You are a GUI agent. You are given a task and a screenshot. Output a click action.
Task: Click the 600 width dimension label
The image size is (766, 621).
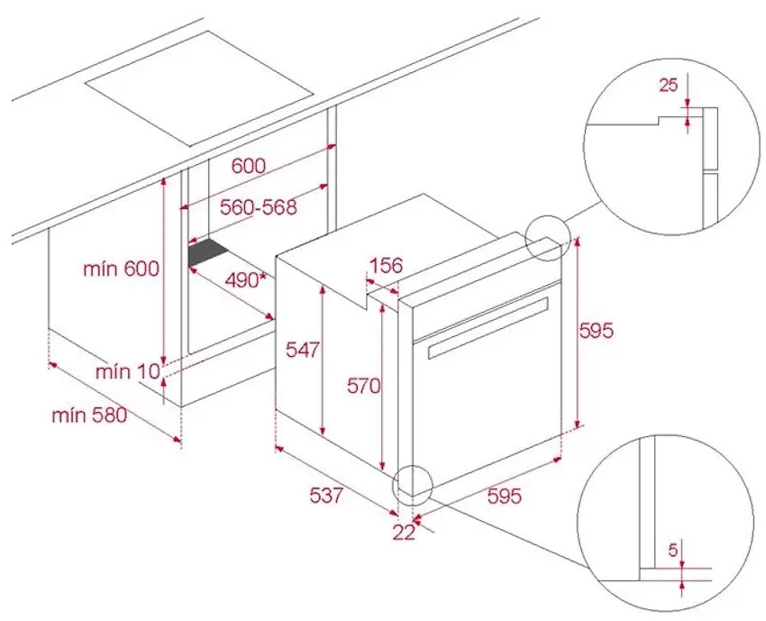click(249, 166)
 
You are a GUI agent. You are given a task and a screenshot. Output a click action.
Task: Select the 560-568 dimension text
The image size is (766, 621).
click(258, 207)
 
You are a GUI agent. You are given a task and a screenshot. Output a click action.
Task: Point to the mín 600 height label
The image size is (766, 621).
click(121, 269)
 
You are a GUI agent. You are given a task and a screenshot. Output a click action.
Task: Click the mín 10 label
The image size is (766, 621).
click(128, 372)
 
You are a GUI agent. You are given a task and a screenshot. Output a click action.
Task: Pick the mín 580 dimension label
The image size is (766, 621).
click(89, 416)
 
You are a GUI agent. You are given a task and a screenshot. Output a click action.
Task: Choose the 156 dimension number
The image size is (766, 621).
click(386, 265)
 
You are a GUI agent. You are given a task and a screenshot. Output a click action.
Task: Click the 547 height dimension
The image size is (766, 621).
click(303, 350)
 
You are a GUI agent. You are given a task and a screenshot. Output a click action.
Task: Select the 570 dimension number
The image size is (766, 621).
click(363, 386)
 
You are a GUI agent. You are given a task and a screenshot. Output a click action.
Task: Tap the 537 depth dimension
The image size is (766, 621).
click(326, 496)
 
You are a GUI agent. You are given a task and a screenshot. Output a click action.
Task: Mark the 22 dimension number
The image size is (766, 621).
click(404, 533)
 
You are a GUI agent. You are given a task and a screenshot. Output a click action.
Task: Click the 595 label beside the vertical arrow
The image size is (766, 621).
click(596, 331)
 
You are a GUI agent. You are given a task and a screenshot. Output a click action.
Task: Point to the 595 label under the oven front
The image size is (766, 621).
click(505, 496)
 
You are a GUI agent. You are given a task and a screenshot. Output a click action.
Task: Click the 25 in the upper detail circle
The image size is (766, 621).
click(669, 85)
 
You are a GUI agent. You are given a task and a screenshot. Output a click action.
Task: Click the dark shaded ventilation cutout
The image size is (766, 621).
click(208, 252)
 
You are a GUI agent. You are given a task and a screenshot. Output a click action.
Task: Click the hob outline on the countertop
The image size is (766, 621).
click(199, 89)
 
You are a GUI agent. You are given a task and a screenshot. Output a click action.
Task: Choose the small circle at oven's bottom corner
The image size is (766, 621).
click(413, 484)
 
